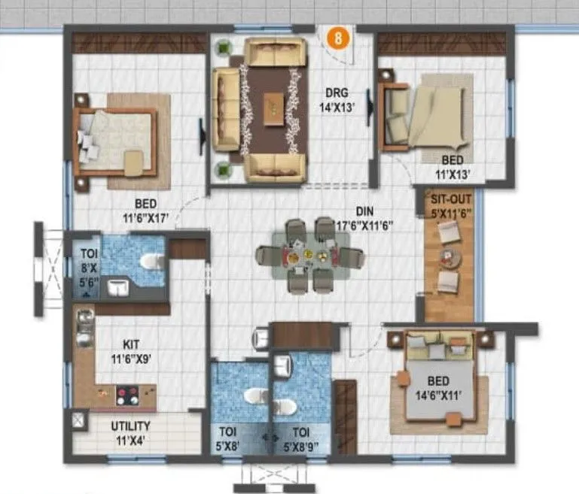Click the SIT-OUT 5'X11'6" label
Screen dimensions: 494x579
click(449, 207)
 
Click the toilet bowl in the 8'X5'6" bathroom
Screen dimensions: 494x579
click(151, 261)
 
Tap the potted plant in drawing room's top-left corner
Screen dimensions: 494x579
click(223, 48)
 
